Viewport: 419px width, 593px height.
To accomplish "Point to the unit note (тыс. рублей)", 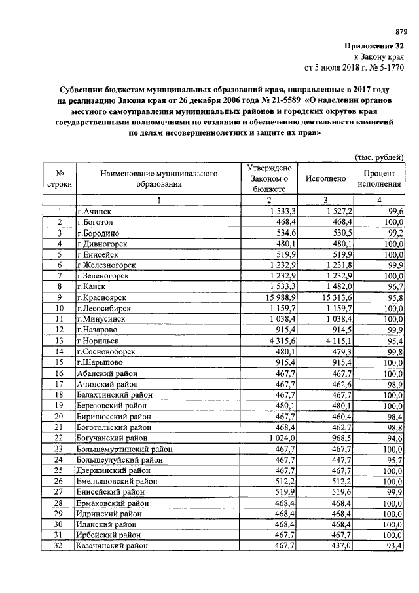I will pos(379,157).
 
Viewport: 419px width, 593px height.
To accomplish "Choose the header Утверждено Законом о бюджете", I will pos(268,179).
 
